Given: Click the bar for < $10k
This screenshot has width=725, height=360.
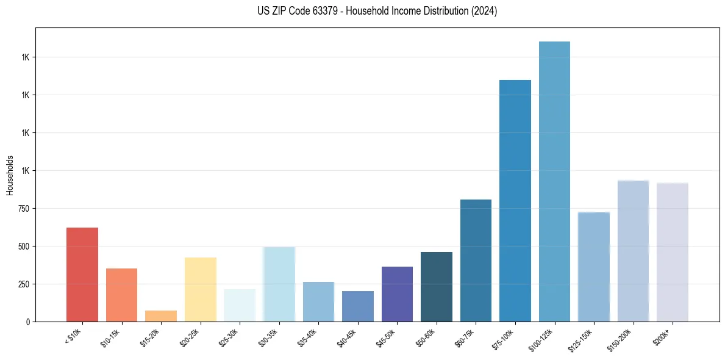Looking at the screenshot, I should click(x=82, y=275).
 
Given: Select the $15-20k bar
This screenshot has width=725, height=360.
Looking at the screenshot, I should click(x=161, y=316).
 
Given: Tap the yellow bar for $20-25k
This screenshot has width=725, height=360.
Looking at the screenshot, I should click(x=201, y=289).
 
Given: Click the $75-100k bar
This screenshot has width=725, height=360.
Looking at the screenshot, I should click(x=515, y=201).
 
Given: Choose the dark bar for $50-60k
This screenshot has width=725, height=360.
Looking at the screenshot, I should click(x=437, y=287).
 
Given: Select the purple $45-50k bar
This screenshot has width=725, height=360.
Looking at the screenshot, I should click(x=397, y=294).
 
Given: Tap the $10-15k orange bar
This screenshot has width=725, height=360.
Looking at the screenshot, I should click(x=121, y=295).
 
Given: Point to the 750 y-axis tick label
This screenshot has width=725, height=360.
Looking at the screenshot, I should click(x=23, y=209).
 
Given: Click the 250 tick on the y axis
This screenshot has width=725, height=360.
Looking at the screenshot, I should click(x=23, y=284).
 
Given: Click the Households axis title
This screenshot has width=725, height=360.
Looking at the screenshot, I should click(x=10, y=175).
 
